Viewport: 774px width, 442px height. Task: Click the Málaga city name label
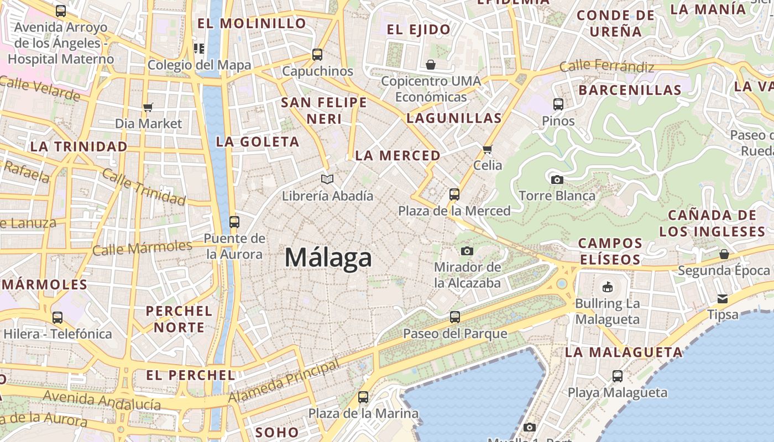(328, 257)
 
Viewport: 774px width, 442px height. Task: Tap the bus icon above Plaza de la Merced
(454, 194)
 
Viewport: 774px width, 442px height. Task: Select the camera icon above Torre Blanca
(557, 180)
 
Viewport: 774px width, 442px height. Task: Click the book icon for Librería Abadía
(328, 180)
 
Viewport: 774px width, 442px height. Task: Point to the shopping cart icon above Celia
(487, 149)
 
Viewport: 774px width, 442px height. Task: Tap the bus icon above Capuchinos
(317, 55)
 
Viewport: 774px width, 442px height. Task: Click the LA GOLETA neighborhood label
(258, 142)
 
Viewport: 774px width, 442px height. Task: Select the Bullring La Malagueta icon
(607, 287)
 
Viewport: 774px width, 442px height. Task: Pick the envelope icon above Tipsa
(723, 299)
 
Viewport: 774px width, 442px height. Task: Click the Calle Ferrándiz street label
(607, 67)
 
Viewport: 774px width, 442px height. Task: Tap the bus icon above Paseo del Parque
(454, 317)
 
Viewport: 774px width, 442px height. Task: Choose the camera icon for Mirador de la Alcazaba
(467, 251)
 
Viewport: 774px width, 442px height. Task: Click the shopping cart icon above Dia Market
(148, 107)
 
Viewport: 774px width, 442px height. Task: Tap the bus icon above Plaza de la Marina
(363, 397)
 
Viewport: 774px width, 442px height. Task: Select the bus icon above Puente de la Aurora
(234, 222)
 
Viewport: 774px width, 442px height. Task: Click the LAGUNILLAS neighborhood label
(454, 118)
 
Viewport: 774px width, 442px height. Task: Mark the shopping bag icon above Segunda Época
(724, 254)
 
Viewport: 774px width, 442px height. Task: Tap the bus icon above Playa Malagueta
(618, 376)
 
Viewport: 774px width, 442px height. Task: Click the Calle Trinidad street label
(143, 187)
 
